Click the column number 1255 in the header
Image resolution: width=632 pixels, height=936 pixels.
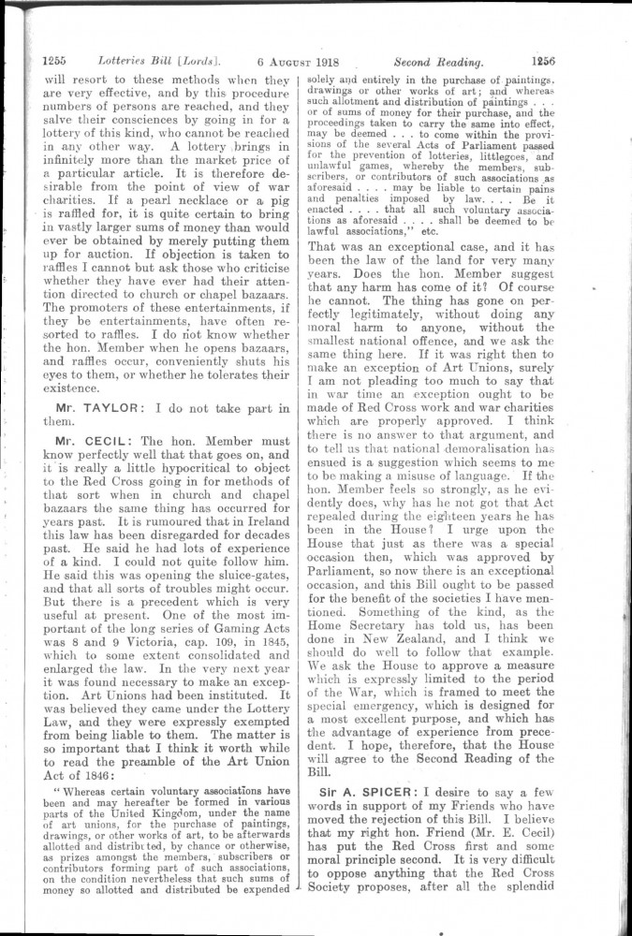coord(54,63)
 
